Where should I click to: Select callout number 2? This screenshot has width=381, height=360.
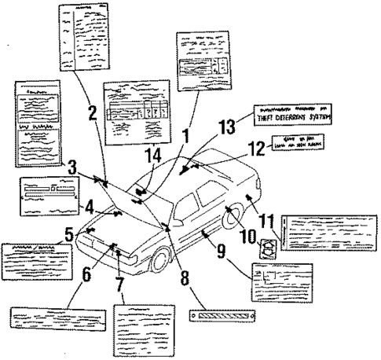pyautogui.click(x=92, y=112)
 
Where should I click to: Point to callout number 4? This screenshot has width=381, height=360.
pyautogui.click(x=90, y=210)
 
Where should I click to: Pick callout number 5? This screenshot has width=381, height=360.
pyautogui.click(x=69, y=233)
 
